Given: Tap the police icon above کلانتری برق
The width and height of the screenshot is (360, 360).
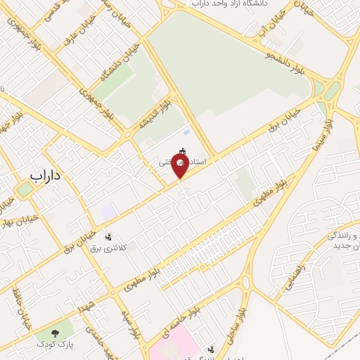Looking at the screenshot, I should pyautogui.click(x=108, y=237).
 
